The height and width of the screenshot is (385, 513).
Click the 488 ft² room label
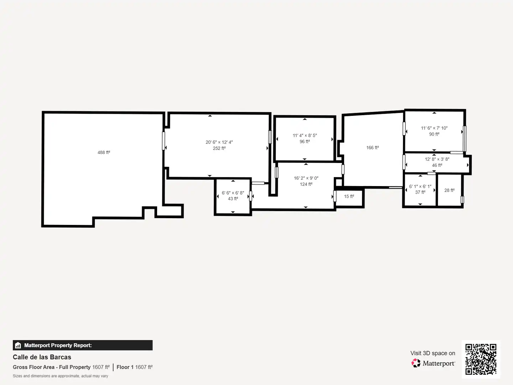pyautogui.click(x=104, y=153)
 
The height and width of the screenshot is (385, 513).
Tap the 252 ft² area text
pyautogui.click(x=219, y=148)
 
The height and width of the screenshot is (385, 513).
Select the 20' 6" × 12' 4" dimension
pyautogui.click(x=219, y=142)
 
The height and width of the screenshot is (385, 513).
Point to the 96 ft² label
pyautogui.click(x=305, y=142)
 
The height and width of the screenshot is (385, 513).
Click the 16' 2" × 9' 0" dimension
pyautogui.click(x=306, y=178)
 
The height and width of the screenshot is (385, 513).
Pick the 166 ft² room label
pyautogui.click(x=373, y=148)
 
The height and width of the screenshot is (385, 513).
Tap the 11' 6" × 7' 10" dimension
pyautogui.click(x=434, y=128)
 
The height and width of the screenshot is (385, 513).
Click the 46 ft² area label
pyautogui.click(x=437, y=165)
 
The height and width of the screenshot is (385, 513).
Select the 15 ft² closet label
pyautogui.click(x=349, y=196)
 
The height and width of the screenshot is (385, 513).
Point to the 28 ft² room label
pyautogui.click(x=450, y=190)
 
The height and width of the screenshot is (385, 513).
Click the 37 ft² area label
pyautogui.click(x=420, y=192)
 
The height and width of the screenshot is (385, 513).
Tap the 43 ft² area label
pyautogui.click(x=233, y=199)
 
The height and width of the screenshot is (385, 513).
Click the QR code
pyautogui.click(x=481, y=359)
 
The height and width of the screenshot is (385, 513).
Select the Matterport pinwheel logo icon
pyautogui.click(x=416, y=363)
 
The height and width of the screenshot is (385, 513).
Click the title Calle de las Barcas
pyautogui.click(x=42, y=357)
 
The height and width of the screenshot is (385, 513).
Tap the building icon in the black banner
pyautogui.click(x=18, y=345)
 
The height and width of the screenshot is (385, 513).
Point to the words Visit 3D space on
pyautogui.click(x=433, y=353)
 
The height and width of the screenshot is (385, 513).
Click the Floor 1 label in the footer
pyautogui.click(x=125, y=367)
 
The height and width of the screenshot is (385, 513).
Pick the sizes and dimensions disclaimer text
pyautogui.click(x=60, y=376)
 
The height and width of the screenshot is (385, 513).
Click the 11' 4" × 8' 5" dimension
pyautogui.click(x=305, y=135)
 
